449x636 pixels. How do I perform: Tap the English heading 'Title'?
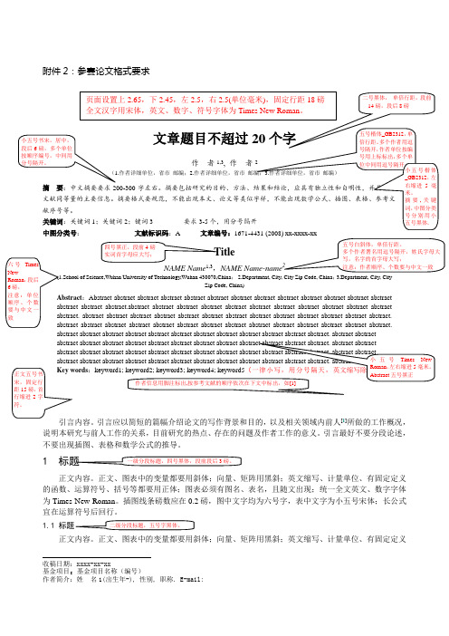tap(224, 226)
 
